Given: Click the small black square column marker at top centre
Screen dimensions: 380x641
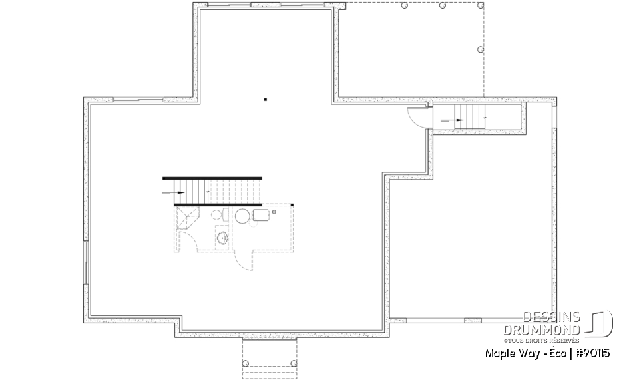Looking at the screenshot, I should (265, 100).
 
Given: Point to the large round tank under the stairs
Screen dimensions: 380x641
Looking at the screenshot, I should (242, 216).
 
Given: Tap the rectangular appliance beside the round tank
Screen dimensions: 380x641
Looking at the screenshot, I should (260, 215).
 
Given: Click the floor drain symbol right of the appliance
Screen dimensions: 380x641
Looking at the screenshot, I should (274, 212).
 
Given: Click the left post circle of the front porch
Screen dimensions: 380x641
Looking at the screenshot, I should (246, 363).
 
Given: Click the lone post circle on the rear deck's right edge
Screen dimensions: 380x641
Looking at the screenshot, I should (480, 49).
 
